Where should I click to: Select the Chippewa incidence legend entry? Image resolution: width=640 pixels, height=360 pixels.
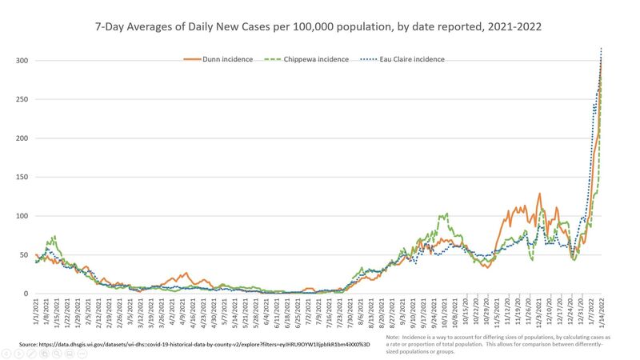[328, 58]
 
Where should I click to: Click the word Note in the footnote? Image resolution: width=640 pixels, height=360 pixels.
[394, 338]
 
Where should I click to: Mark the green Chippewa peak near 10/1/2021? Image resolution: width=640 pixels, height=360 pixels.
[446, 214]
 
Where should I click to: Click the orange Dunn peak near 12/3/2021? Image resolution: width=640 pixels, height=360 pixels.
[540, 194]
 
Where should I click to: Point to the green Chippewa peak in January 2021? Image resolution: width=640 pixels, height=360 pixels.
[54, 236]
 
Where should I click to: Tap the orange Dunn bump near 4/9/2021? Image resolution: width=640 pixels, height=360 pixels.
[186, 273]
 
